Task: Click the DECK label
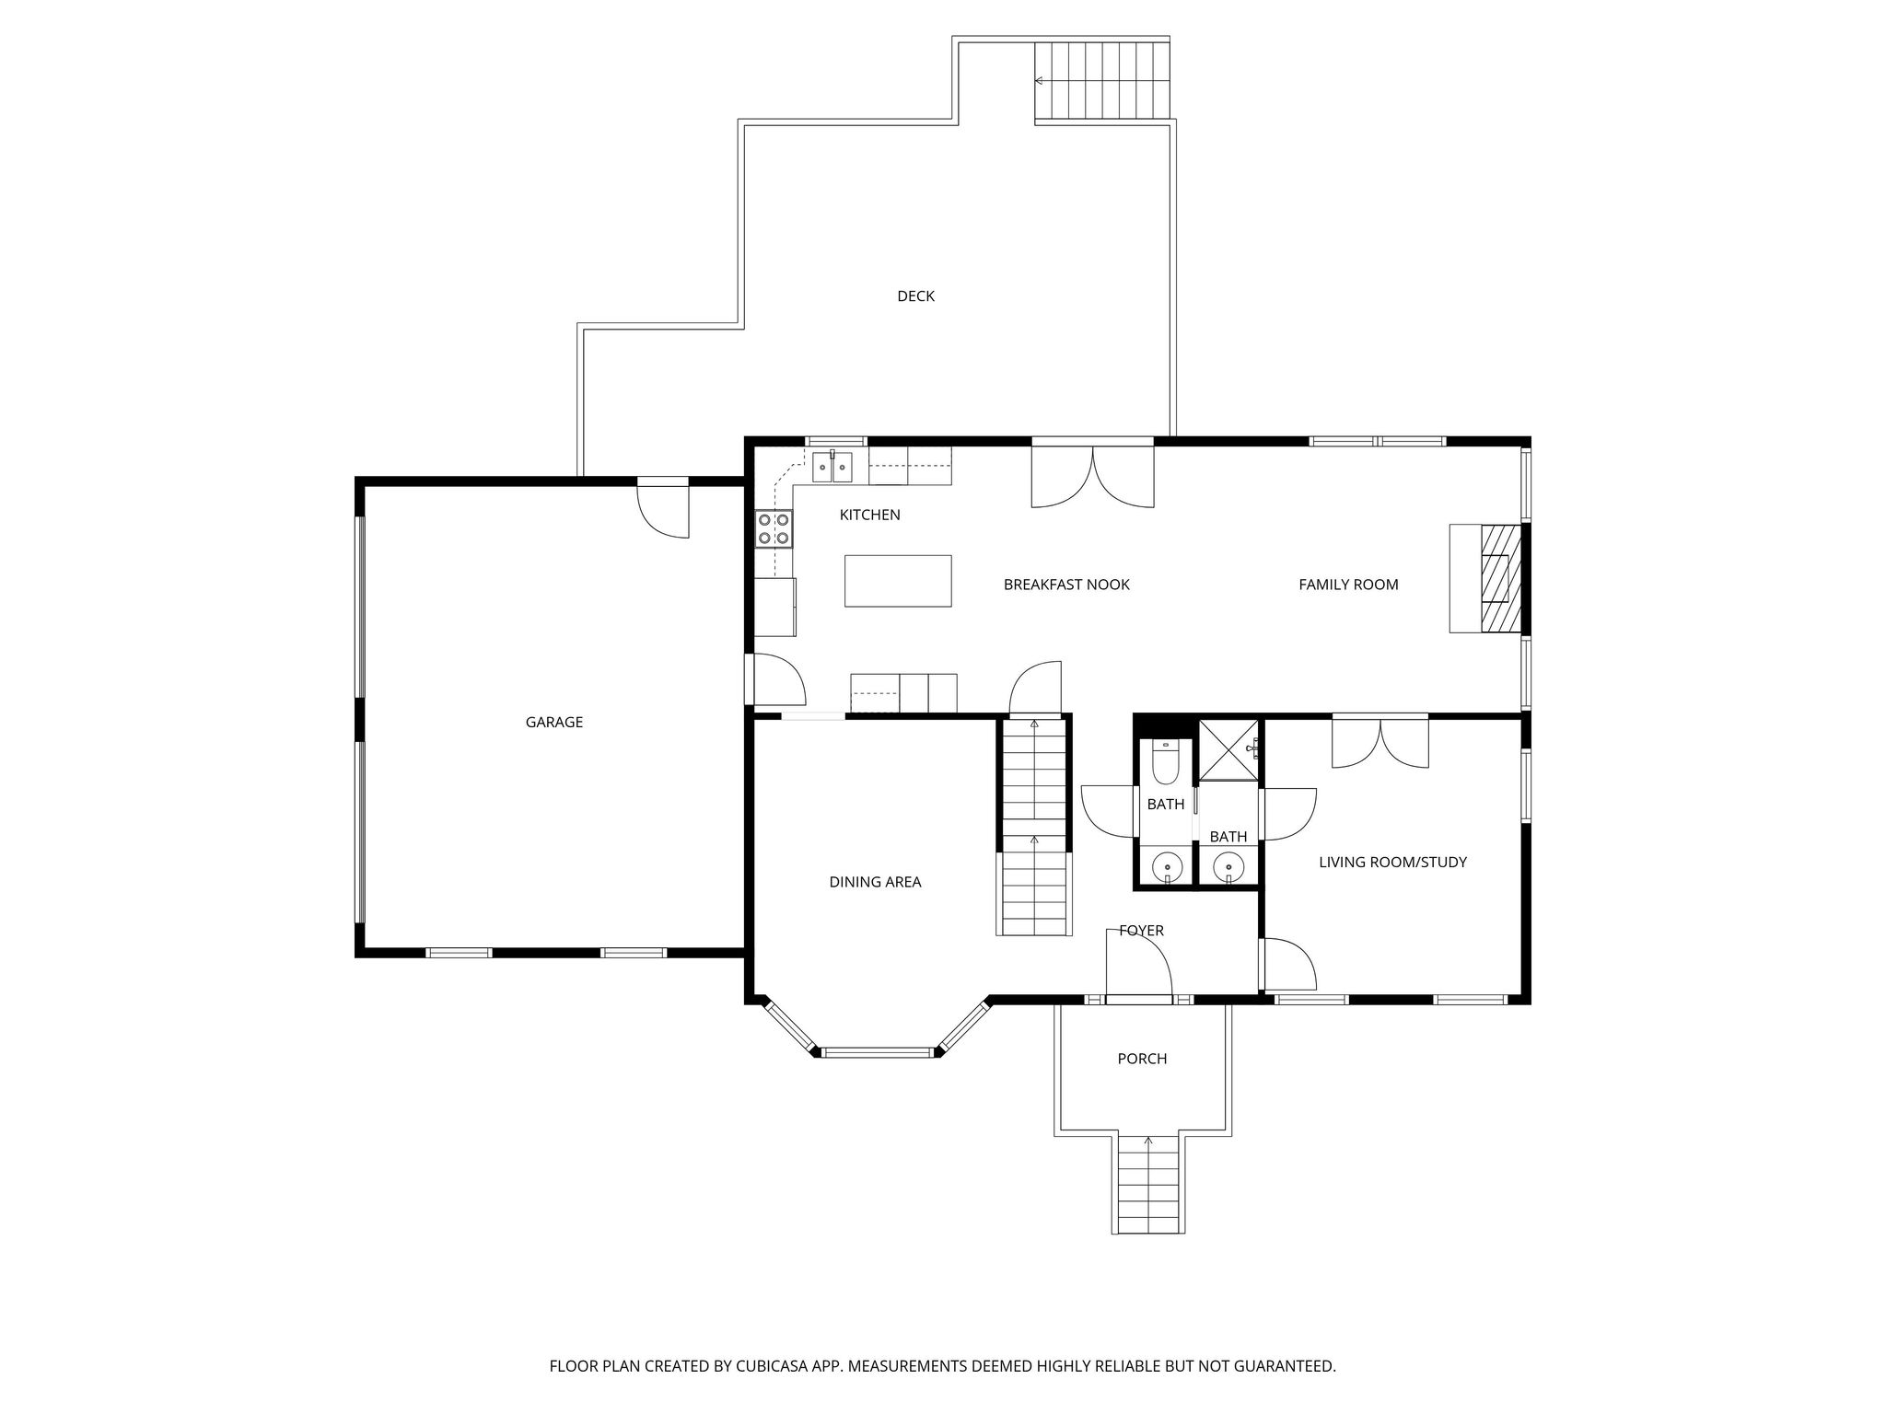tap(915, 296)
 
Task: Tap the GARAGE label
tap(554, 722)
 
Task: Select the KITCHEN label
tap(869, 515)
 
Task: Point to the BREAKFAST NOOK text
tap(1066, 585)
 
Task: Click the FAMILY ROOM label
tap(1348, 585)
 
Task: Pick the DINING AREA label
tap(875, 882)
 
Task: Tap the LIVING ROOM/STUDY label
tap(1392, 863)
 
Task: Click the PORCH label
tap(1142, 1059)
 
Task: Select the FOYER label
tap(1142, 931)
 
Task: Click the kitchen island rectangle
tap(898, 581)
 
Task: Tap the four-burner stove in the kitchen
tap(774, 529)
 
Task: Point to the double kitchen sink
tap(832, 467)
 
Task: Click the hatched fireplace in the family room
tap(1501, 578)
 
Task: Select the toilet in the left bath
tap(1165, 759)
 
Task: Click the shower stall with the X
tap(1228, 750)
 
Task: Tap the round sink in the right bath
tap(1228, 866)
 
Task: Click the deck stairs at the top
tap(1102, 81)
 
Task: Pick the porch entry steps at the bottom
tap(1148, 1185)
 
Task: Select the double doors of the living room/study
tap(1380, 742)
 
